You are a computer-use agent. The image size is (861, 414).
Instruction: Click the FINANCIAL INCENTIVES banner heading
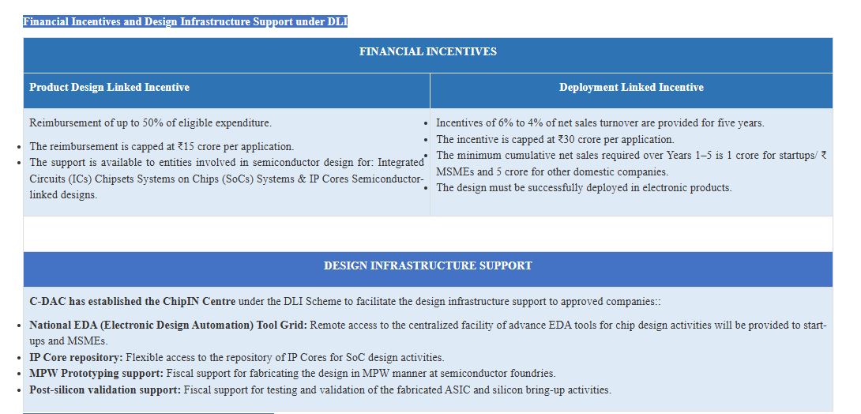coord(427,51)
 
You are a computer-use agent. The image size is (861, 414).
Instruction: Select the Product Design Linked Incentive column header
coord(109,88)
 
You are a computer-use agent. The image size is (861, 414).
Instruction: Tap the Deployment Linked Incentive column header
coord(631,88)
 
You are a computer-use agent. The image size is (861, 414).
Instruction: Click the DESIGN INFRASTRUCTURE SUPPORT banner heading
coord(427,265)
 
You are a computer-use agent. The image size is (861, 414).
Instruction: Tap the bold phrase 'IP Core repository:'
coord(77,358)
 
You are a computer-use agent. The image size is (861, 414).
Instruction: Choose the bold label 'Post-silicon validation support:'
coord(105,390)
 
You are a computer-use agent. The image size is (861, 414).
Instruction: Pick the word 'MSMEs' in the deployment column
coord(453,171)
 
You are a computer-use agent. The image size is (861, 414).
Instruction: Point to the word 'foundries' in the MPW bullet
coord(532,374)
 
